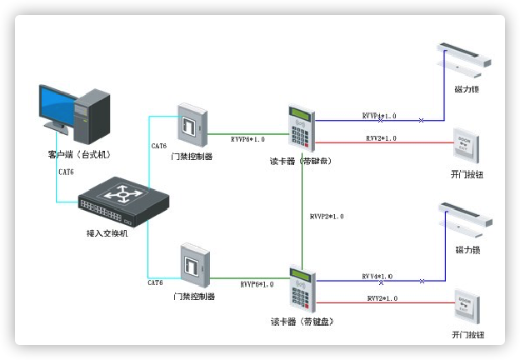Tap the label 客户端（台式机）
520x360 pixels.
[x=79, y=154]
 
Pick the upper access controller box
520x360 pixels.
[x=190, y=124]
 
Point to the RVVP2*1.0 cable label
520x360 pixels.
[x=327, y=217]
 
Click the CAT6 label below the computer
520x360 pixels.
[x=66, y=172]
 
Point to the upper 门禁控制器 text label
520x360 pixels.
[x=192, y=155]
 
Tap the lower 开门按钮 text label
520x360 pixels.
[x=467, y=335]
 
